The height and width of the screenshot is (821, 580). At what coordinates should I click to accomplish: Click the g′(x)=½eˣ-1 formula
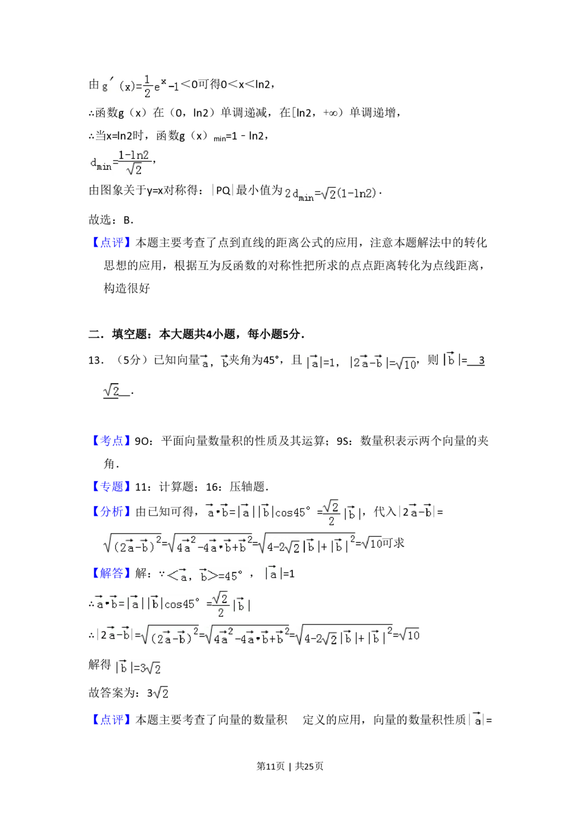pyautogui.click(x=139, y=86)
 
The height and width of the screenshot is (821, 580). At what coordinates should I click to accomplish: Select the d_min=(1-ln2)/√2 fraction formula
pyautogui.click(x=118, y=162)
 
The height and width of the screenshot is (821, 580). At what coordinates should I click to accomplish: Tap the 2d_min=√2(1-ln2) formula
pyautogui.click(x=329, y=194)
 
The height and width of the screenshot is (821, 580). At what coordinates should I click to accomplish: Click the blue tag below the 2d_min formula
pyautogui.click(x=111, y=243)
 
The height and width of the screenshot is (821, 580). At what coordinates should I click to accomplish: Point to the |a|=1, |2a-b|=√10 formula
pyautogui.click(x=360, y=362)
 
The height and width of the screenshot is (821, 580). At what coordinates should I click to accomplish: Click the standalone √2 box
pyautogui.click(x=111, y=390)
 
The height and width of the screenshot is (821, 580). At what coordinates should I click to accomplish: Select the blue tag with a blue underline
pyautogui.click(x=111, y=486)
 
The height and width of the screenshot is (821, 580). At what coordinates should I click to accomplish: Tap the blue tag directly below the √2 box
pyautogui.click(x=111, y=441)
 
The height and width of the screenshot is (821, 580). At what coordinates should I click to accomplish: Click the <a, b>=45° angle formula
pyautogui.click(x=206, y=575)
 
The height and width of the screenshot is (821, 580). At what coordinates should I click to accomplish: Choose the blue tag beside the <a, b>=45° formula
pyautogui.click(x=111, y=573)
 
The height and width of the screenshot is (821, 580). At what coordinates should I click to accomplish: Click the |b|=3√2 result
pyautogui.click(x=137, y=668)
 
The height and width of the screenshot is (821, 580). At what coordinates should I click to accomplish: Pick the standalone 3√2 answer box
pyautogui.click(x=160, y=692)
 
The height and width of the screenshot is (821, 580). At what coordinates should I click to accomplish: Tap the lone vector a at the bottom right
pyautogui.click(x=476, y=719)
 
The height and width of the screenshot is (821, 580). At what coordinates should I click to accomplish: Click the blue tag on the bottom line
pyautogui.click(x=111, y=720)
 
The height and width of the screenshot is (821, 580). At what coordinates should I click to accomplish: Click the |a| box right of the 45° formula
pyautogui.click(x=274, y=573)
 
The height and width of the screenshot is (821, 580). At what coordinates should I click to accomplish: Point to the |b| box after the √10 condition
pyautogui.click(x=450, y=359)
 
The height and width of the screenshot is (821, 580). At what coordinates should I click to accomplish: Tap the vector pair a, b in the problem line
pyautogui.click(x=216, y=362)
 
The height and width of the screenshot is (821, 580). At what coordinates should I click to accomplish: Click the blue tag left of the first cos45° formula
pyautogui.click(x=111, y=512)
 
